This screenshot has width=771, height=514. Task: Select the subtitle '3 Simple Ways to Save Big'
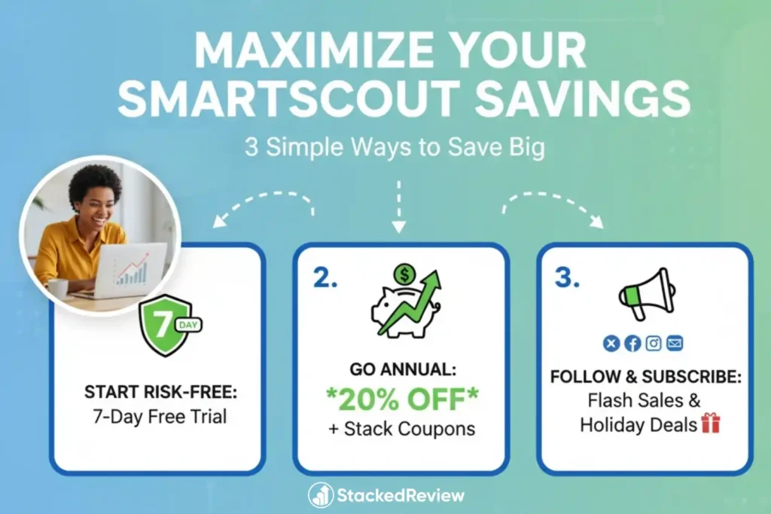click(x=395, y=147)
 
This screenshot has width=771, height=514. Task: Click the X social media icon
click(x=611, y=344)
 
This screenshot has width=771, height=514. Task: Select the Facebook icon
click(x=632, y=344)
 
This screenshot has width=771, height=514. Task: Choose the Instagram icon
click(x=654, y=344)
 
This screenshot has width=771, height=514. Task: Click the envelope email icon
click(x=675, y=344)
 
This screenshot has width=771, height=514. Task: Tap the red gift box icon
click(x=711, y=424)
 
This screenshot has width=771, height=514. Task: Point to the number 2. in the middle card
click(x=325, y=278)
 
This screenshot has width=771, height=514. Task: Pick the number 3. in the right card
click(x=567, y=278)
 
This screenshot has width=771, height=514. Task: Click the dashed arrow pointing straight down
click(x=399, y=207)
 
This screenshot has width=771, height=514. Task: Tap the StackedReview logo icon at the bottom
click(x=321, y=495)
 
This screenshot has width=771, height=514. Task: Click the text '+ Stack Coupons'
click(x=401, y=429)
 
